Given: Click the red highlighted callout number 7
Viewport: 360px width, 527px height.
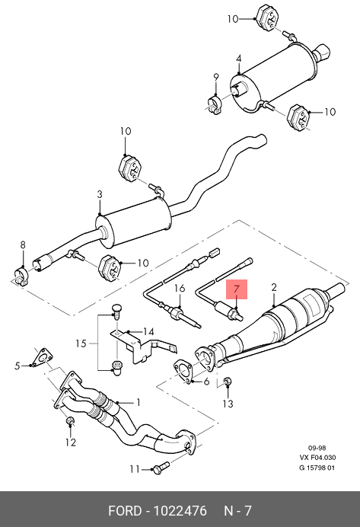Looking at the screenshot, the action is pos(237,289).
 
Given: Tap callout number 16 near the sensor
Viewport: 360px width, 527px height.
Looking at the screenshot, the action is pos(180,288).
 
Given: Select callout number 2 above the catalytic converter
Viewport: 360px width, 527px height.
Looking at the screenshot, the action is pos(274,287).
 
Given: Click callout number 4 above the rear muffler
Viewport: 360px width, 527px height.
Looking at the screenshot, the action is pos(238,59).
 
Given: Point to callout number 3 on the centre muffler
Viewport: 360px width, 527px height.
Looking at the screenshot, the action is pos(100,194).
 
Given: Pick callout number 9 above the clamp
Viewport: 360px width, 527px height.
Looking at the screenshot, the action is pos(216,77).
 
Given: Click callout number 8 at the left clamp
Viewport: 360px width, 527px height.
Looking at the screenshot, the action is pos(23,244).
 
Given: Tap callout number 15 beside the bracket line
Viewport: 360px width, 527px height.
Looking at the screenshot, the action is pos(81,343).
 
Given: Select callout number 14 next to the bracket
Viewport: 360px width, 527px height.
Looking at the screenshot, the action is pos(148,332).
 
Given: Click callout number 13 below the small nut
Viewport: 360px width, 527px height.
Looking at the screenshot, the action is pos(228,404).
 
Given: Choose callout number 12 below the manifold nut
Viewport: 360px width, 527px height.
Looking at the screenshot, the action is pos(71,442).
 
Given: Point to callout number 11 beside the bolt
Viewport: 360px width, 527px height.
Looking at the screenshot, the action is pos(135,469).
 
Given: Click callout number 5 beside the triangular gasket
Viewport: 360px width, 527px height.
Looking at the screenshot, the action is pos(18,366).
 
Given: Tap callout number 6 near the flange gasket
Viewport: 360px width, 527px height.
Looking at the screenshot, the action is pos(206,382).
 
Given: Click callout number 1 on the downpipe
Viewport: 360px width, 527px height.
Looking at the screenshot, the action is pos(138,402).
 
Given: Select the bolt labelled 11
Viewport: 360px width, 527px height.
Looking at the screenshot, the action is pos(161,468).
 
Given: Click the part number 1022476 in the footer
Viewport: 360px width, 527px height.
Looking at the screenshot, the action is pos(180,511).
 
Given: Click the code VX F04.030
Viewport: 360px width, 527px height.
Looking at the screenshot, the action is pos(317,458).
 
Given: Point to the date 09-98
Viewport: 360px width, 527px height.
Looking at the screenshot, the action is pos(317,448).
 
